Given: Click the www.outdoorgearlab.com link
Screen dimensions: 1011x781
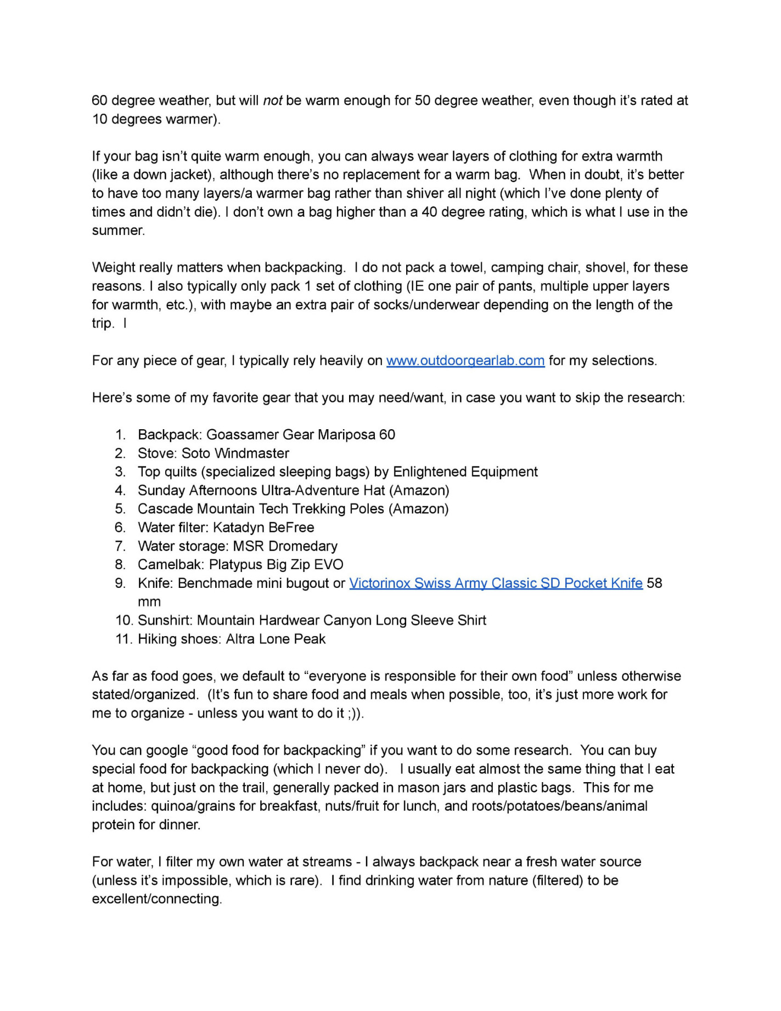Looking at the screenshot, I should click(465, 361).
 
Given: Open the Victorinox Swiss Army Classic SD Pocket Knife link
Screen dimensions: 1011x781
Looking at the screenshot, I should click(496, 583).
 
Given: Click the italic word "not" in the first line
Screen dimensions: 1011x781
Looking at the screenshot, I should click(273, 100).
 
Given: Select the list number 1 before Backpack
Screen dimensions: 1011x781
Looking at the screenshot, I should click(121, 435).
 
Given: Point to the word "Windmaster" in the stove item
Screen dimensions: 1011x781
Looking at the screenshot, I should click(251, 453).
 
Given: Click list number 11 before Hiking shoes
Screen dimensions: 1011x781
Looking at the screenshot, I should click(124, 639).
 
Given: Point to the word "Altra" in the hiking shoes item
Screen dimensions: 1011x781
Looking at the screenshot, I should click(240, 639).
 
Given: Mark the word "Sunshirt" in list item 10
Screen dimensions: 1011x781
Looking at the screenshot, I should click(164, 620).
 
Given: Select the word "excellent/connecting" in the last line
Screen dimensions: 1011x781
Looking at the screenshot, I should click(156, 899).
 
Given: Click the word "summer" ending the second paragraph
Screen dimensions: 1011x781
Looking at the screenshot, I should click(117, 231).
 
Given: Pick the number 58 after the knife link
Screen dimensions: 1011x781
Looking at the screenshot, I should click(655, 583).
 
